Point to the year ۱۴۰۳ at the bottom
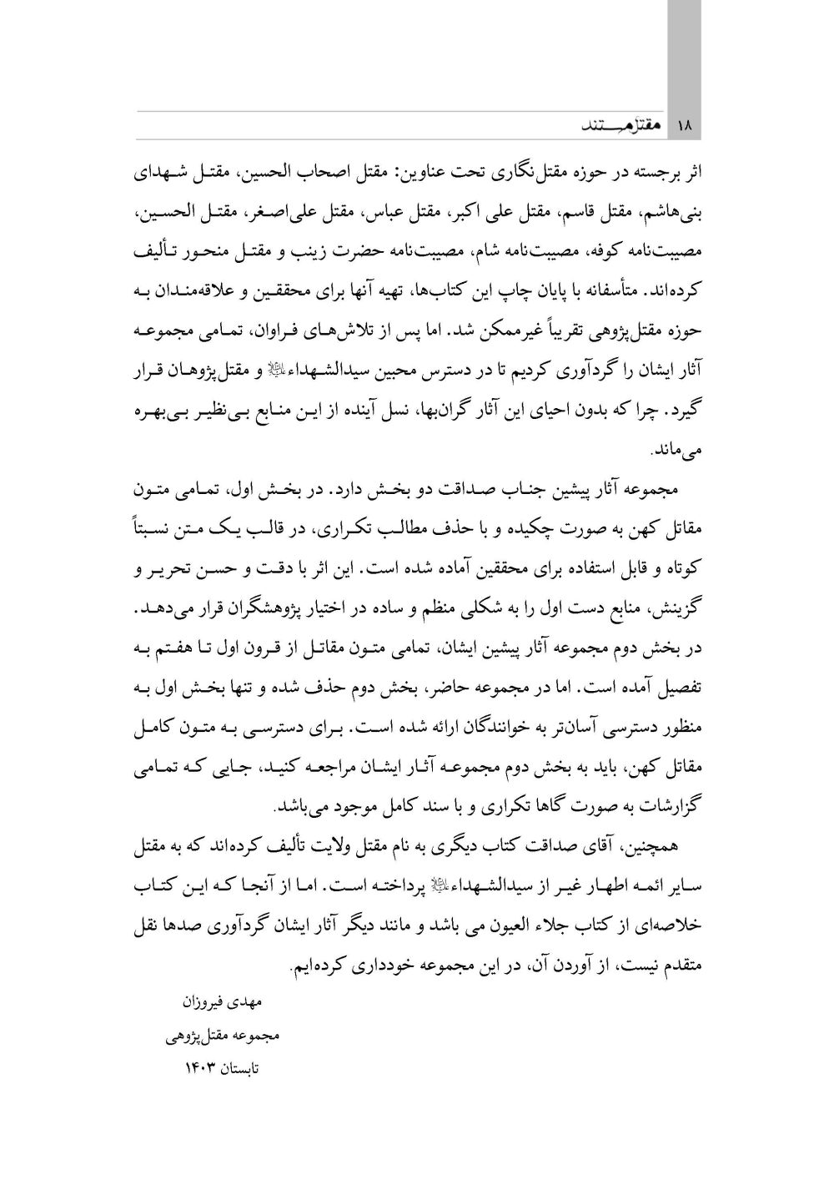click(198, 1067)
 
